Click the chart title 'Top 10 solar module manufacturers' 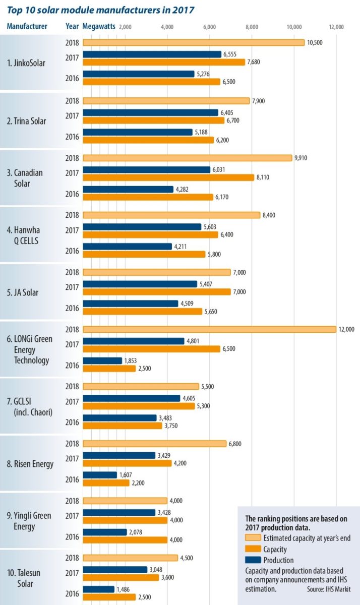(x=100, y=10)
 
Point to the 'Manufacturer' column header (x=27, y=26)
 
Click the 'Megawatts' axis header (x=99, y=26)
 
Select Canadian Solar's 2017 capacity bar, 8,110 (x=168, y=177)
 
